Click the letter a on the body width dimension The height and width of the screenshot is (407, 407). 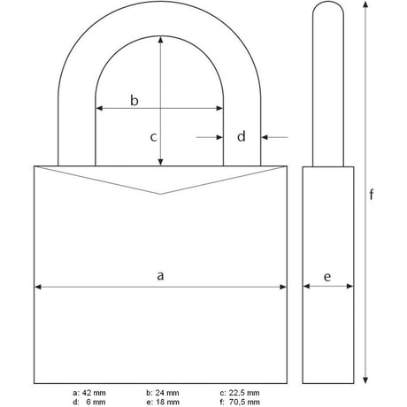click(160, 276)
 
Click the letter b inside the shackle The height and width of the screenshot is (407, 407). click(134, 100)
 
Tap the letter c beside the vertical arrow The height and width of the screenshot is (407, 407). click(153, 137)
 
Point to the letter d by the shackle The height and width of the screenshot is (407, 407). click(242, 136)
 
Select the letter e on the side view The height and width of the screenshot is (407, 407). click(327, 277)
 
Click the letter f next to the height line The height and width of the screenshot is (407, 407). click(372, 195)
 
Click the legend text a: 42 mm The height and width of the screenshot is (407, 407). click(89, 393)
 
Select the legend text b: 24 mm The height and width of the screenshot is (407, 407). click(163, 393)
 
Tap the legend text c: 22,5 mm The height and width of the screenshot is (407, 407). click(240, 393)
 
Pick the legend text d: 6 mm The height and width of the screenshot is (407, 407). click(89, 402)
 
